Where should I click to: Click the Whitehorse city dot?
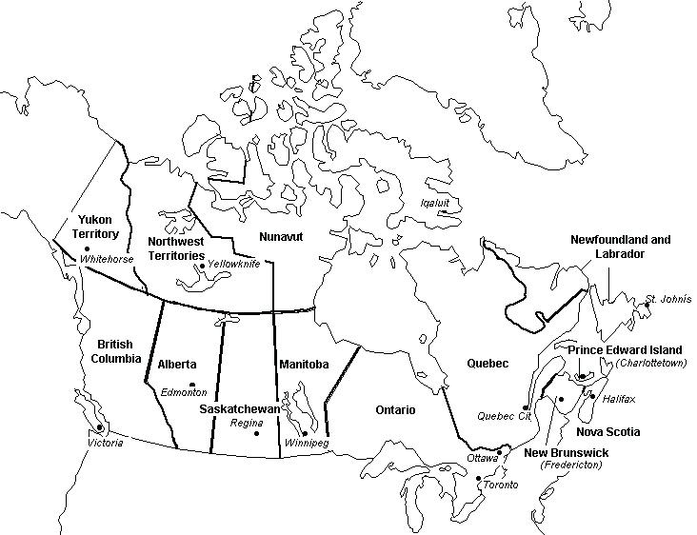(87, 248)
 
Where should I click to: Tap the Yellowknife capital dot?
(202, 266)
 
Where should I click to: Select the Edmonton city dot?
(192, 385)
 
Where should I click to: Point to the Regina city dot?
(257, 433)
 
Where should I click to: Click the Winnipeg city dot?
(304, 433)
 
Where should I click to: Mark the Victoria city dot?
(99, 428)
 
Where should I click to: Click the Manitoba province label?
(304, 364)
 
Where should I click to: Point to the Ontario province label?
(394, 409)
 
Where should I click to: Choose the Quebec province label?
(488, 363)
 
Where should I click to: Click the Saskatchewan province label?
(240, 408)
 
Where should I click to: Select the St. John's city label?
(665, 300)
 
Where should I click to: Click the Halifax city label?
(619, 398)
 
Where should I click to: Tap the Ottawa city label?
(483, 458)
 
